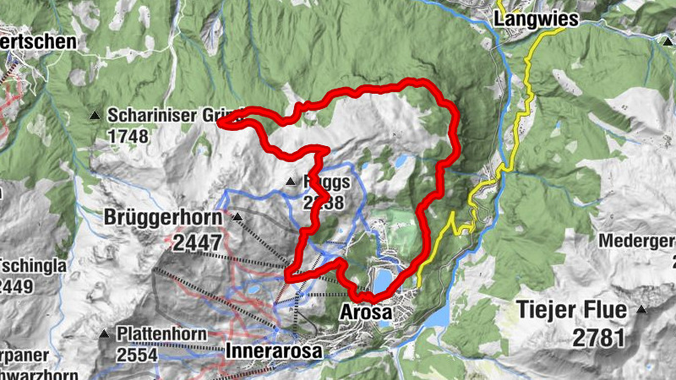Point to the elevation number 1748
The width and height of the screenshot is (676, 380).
128,136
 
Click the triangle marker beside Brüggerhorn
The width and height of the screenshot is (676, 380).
237,218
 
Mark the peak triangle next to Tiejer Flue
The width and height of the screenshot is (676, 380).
642,310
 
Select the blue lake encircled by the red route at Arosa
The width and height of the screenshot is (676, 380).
383,278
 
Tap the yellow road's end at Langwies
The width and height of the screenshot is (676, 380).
561,28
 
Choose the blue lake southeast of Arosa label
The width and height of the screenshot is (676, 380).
438,315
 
